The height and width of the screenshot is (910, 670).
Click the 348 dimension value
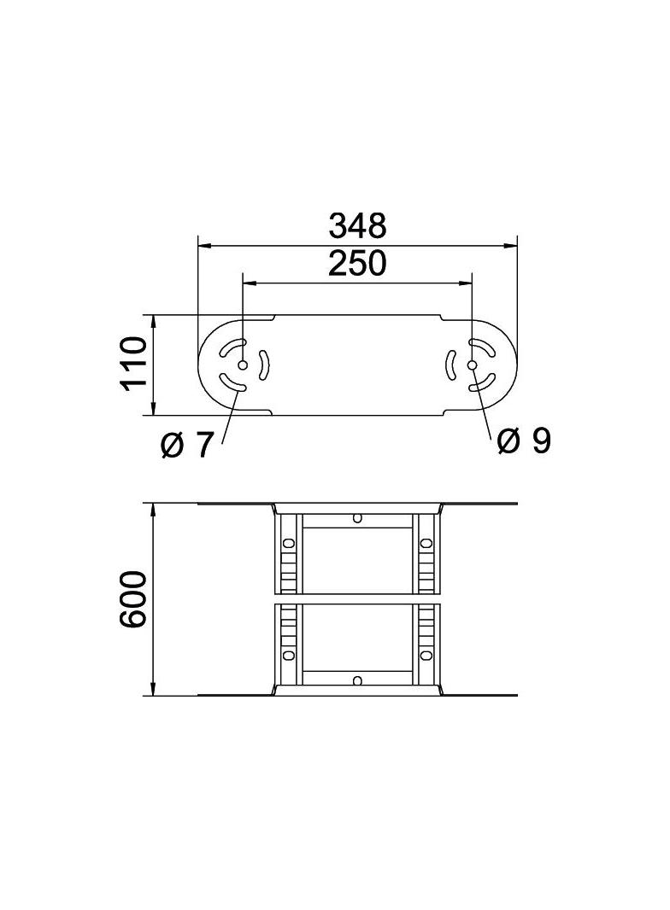click(357, 226)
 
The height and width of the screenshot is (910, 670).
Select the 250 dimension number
click(357, 264)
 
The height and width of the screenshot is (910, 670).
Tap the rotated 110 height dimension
click(133, 365)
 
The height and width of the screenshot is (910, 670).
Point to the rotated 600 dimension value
click(133, 600)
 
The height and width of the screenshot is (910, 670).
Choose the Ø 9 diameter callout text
click(523, 440)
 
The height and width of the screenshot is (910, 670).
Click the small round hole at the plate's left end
click(243, 365)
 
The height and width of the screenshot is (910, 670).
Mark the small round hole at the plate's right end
click(473, 365)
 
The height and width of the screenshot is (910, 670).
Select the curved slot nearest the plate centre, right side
click(450, 365)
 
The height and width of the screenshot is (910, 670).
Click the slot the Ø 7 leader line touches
click(232, 383)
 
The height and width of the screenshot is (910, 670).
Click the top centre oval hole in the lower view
click(357, 517)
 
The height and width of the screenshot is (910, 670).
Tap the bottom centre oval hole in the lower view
click(357, 680)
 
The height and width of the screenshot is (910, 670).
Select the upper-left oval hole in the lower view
click(289, 543)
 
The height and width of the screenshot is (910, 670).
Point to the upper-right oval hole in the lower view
click(426, 543)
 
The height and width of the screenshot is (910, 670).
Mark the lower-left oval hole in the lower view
click(289, 655)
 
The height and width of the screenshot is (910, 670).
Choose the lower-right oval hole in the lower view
click(426, 655)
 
